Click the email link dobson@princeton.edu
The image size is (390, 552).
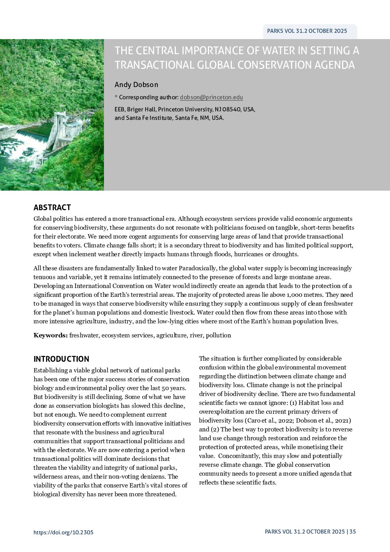click(x=211, y=97)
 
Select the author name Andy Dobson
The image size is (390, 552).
click(x=136, y=84)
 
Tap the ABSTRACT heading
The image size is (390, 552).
click(x=52, y=207)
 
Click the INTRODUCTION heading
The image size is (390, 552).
click(x=61, y=359)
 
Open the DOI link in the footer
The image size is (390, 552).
click(x=63, y=532)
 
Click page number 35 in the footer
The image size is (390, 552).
click(x=353, y=531)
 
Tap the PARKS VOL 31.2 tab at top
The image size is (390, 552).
click(x=307, y=31)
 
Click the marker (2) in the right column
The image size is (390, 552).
click(x=215, y=429)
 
